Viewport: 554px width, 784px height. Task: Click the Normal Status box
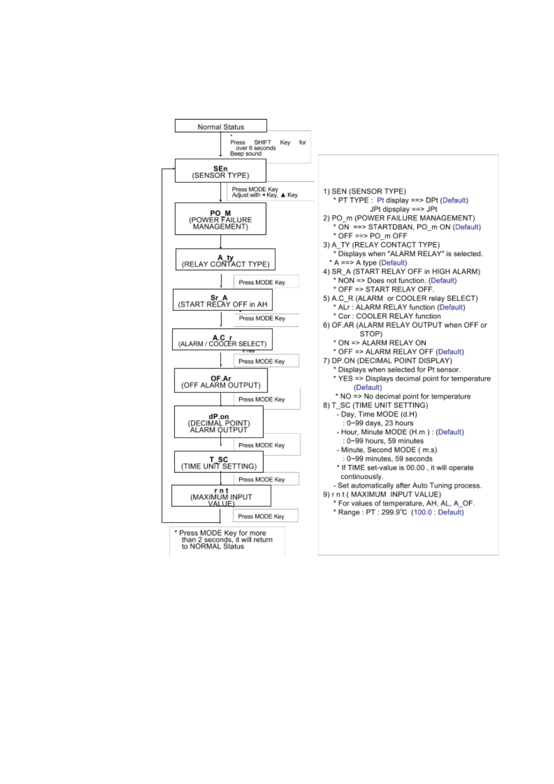tap(221, 126)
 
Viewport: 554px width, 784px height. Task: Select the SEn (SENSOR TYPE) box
tap(221, 171)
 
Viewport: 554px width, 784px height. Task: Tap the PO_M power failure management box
tap(221, 219)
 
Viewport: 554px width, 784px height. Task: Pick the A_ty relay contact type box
tap(225, 260)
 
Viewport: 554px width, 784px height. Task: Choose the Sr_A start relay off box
tap(222, 300)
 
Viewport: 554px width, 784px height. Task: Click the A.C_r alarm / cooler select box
tap(222, 340)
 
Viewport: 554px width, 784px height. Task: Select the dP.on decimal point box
tap(219, 422)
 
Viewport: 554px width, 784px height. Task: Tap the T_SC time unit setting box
tap(219, 462)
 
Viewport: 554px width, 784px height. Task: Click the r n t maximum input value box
tap(221, 496)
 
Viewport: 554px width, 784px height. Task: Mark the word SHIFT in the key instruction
tap(262, 143)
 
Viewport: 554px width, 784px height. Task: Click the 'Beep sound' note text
tap(245, 154)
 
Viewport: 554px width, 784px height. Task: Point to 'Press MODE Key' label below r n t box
tap(261, 516)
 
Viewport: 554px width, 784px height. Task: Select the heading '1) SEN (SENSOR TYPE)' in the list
tap(364, 191)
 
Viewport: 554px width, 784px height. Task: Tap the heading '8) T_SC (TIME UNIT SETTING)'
tap(375, 405)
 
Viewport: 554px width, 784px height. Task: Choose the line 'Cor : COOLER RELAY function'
tap(389, 316)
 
